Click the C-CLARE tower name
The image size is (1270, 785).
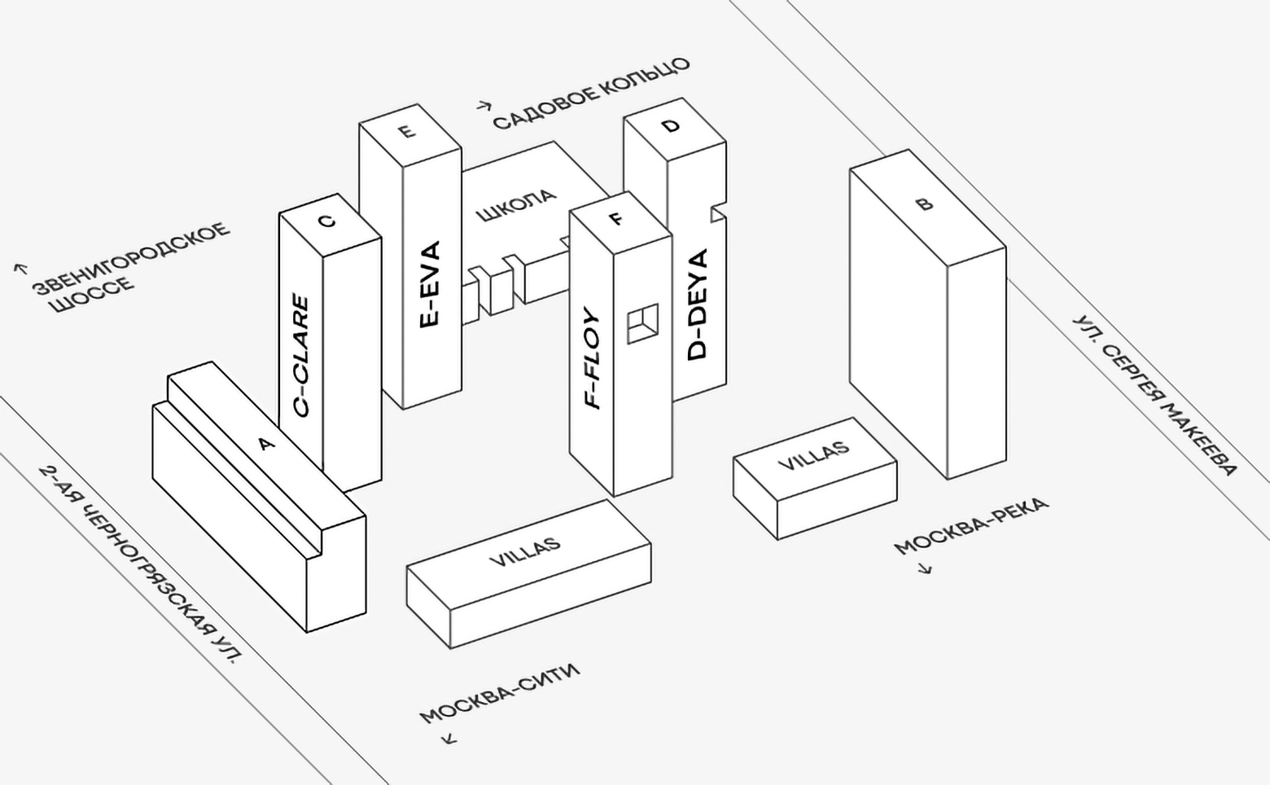coord(301,356)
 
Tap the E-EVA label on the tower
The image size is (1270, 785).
coord(429,284)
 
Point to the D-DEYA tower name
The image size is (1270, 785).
coord(698,305)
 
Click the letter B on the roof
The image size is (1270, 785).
coord(924,204)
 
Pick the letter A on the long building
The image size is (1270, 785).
coord(265,444)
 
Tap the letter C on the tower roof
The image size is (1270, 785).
coord(327,221)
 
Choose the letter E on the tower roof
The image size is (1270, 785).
coord(407,131)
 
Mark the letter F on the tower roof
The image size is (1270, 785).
coord(616,218)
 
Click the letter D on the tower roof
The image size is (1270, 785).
coord(670,126)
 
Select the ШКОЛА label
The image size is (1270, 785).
coord(516,205)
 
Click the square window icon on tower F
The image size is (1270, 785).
coord(642,323)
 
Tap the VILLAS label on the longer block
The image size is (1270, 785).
coord(525,552)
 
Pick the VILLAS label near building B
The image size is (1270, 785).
coord(813,456)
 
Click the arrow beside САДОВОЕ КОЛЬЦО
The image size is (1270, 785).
coord(484,105)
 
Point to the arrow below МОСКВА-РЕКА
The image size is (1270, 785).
coord(925,568)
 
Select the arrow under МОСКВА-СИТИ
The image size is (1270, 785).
coord(449,739)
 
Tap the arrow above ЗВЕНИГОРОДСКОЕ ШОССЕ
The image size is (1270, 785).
coord(21,268)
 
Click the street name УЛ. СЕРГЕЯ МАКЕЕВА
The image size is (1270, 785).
coord(1154,395)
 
